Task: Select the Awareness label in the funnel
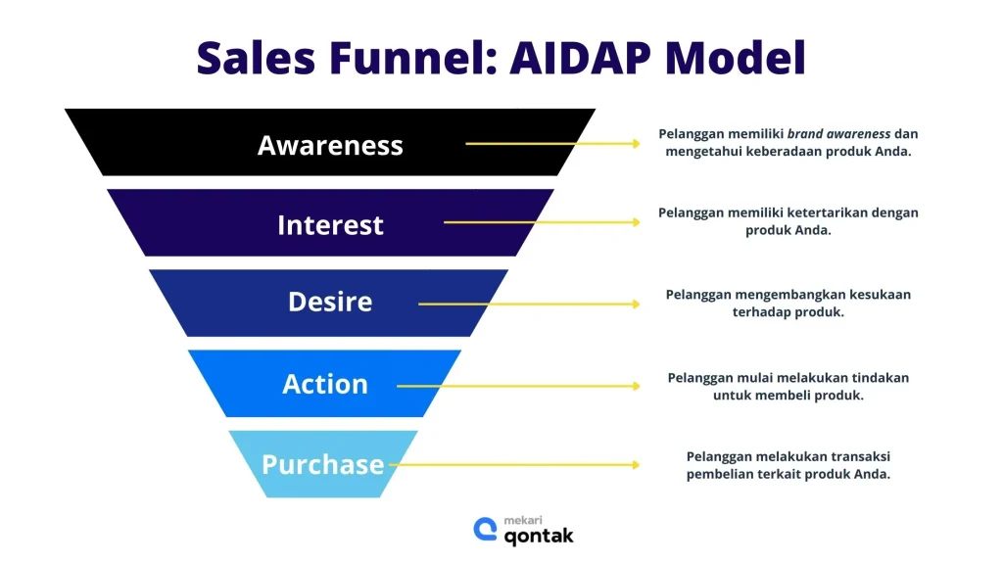click(330, 145)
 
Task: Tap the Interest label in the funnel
click(330, 224)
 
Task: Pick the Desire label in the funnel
click(330, 301)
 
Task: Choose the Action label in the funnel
click(325, 384)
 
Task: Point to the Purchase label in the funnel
click(322, 463)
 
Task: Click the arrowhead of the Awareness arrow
click(636, 144)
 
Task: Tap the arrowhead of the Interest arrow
click(636, 222)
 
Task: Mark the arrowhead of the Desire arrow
click(636, 304)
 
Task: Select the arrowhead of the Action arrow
click(636, 386)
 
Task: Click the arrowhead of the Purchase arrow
click(636, 465)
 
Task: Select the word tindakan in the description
click(878, 377)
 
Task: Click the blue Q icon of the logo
click(485, 530)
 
